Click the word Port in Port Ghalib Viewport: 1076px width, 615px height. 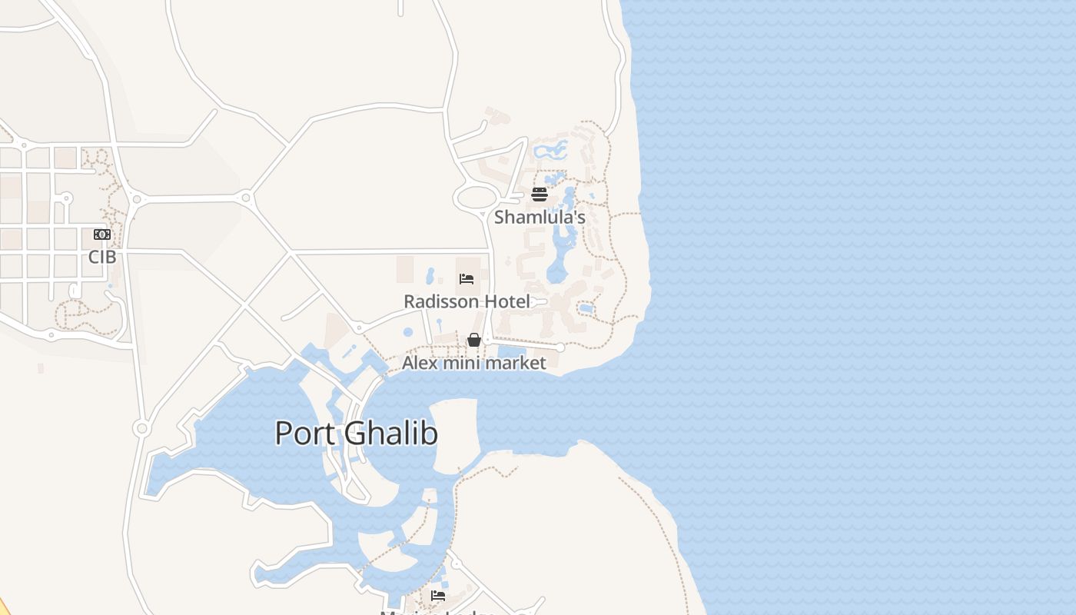pos(305,433)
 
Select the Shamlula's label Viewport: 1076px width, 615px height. pos(540,217)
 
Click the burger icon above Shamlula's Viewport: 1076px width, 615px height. pos(540,194)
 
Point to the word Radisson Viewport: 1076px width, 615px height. pos(441,301)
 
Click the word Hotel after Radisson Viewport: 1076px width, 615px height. pos(507,301)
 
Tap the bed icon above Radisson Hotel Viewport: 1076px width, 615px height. pos(467,278)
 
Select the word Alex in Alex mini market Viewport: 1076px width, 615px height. pos(420,363)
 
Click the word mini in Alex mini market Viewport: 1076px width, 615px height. pos(461,363)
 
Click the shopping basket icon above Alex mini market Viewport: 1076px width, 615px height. pos(474,340)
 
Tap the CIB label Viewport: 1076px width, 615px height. pos(102,257)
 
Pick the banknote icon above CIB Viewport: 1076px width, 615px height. pos(102,234)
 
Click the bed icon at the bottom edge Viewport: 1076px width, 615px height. pos(438,595)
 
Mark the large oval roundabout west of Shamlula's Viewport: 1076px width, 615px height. pos(477,198)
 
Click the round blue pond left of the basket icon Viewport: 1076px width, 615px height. pos(408,332)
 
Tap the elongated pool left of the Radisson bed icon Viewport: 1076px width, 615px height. pos(430,275)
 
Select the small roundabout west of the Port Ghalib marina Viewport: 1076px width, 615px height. pos(141,428)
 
